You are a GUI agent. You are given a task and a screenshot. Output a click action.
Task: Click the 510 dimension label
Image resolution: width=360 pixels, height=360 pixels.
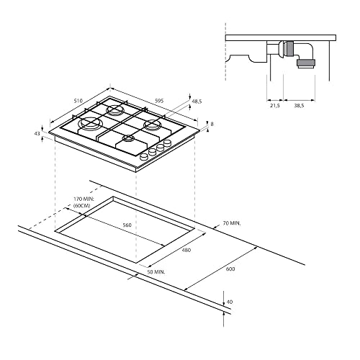click(x=78, y=101)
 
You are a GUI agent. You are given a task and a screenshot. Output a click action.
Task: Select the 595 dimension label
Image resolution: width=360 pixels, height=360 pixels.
click(x=159, y=101)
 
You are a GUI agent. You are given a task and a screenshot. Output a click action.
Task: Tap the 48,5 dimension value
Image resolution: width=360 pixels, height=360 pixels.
click(x=197, y=102)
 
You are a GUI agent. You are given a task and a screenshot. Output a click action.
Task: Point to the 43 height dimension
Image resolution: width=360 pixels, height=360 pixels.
click(x=37, y=133)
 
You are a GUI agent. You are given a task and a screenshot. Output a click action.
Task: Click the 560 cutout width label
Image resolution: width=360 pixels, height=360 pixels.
click(x=127, y=225)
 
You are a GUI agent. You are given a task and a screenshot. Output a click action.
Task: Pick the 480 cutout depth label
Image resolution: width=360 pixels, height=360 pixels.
click(x=186, y=250)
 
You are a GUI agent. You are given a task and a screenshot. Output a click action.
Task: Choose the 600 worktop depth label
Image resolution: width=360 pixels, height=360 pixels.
click(x=230, y=269)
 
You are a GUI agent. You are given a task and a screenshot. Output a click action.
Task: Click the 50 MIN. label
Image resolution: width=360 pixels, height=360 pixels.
click(x=156, y=272)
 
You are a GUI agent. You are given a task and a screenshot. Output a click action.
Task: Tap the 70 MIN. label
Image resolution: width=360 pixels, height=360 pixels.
click(x=232, y=223)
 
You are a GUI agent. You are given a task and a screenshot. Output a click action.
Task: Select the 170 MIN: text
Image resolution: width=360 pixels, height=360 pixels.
click(x=84, y=199)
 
